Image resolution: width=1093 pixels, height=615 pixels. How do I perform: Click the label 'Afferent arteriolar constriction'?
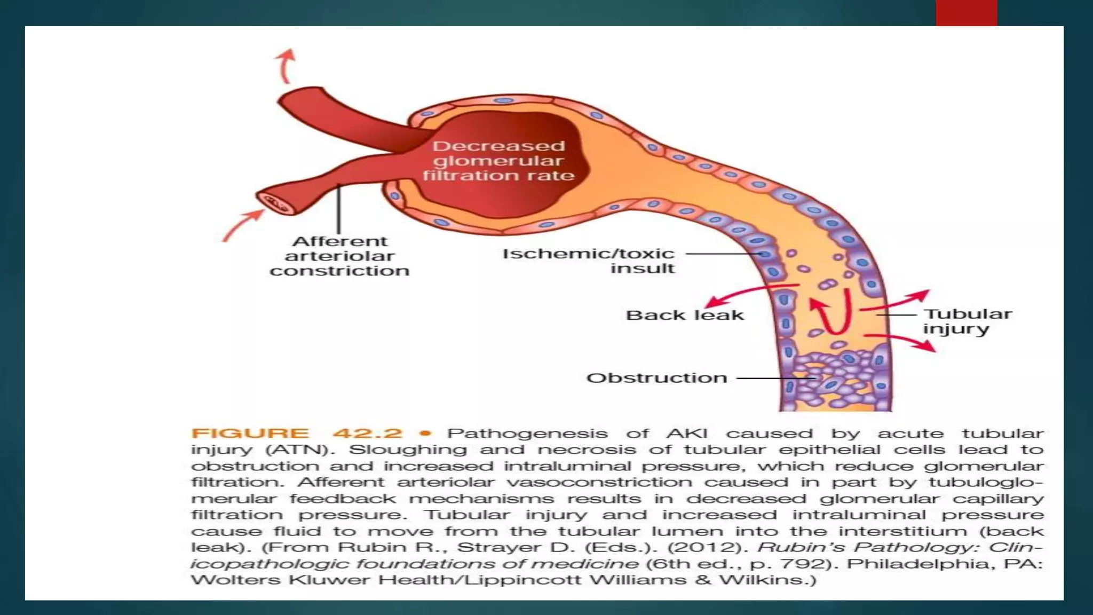pos(339,256)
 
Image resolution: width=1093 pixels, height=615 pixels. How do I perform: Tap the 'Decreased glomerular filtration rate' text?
pos(498,161)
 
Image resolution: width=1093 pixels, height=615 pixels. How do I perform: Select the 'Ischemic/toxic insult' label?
pos(589,261)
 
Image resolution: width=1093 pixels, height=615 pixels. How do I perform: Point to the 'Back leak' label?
pos(684,316)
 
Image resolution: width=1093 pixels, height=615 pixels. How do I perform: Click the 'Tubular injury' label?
pos(967,321)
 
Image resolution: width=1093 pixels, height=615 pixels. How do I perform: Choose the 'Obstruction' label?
pos(656,378)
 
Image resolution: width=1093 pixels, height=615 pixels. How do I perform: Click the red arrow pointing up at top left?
pos(287,65)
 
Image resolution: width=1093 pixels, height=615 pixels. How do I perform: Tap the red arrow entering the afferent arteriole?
pos(243,225)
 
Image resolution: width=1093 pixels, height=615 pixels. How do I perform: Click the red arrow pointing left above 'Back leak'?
pos(747,294)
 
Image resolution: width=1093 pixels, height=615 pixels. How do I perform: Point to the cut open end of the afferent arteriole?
pos(275,203)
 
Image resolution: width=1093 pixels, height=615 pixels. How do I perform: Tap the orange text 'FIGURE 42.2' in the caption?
pos(297,433)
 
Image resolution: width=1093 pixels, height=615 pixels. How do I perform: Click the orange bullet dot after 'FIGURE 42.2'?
pos(425,433)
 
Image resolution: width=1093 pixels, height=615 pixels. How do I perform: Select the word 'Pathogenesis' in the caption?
pos(527,433)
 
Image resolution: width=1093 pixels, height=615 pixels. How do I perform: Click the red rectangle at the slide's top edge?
pos(966,13)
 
